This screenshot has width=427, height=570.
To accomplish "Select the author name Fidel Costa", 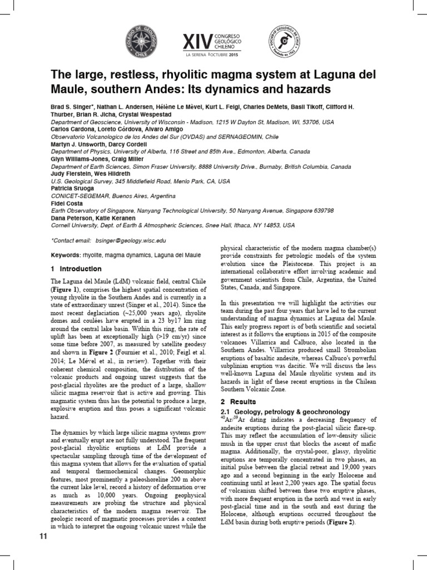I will (67, 204).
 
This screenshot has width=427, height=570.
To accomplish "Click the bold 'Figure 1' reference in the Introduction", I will (65, 290).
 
